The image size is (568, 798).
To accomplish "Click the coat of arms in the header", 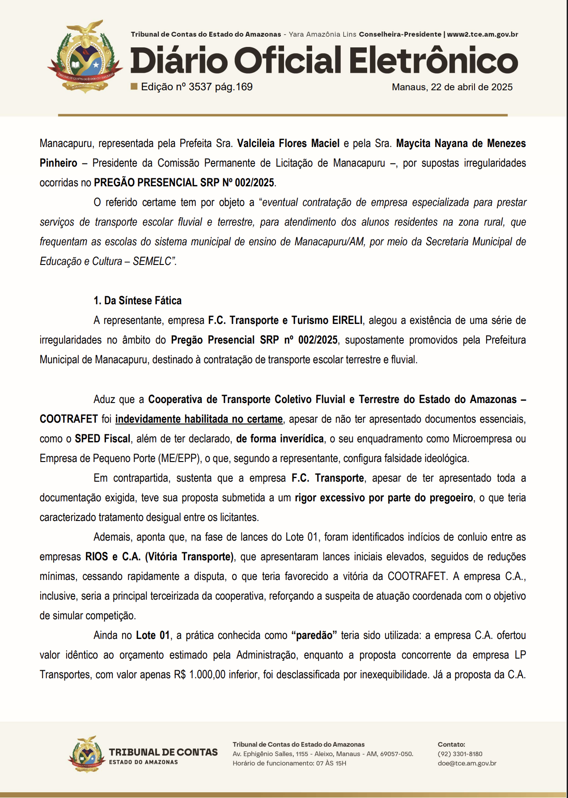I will pyautogui.click(x=85, y=57).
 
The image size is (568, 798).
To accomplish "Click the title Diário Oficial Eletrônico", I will pyautogui.click(x=324, y=60).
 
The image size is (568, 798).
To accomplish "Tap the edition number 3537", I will pyautogui.click(x=200, y=87).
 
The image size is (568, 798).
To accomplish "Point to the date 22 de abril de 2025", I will pyautogui.click(x=471, y=87).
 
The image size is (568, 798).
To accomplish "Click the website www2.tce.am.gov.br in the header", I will pyautogui.click(x=483, y=34).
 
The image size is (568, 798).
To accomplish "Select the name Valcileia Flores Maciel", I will pyautogui.click(x=288, y=143).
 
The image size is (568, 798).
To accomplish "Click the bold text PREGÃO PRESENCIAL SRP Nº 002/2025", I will pyautogui.click(x=184, y=183).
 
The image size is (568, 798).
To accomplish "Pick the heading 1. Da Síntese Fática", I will pyautogui.click(x=137, y=301).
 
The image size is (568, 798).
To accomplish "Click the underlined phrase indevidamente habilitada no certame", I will pyautogui.click(x=199, y=419).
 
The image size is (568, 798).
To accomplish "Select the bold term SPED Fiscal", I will pyautogui.click(x=102, y=439).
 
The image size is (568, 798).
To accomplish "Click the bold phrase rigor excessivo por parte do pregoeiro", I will pyautogui.click(x=384, y=498).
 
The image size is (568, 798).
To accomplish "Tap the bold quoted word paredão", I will pyautogui.click(x=314, y=635).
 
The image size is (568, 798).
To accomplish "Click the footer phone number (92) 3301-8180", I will pyautogui.click(x=460, y=754).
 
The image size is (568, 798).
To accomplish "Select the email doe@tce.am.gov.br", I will pyautogui.click(x=467, y=763).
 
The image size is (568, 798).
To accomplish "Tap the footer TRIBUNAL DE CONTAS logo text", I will pyautogui.click(x=163, y=752).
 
